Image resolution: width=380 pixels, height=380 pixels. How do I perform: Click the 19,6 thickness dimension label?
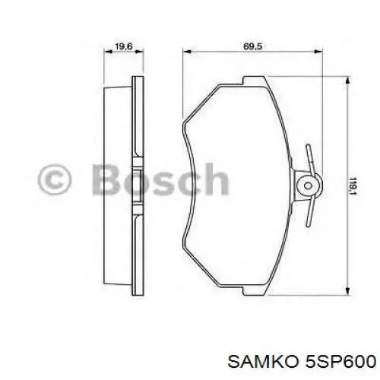pyautogui.click(x=122, y=47)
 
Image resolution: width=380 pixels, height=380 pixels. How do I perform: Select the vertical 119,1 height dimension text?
pyautogui.click(x=353, y=185)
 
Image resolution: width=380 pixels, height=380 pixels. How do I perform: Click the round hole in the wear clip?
pyautogui.click(x=306, y=184)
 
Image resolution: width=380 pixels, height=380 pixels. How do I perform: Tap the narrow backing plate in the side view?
pyautogui.click(x=138, y=182)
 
